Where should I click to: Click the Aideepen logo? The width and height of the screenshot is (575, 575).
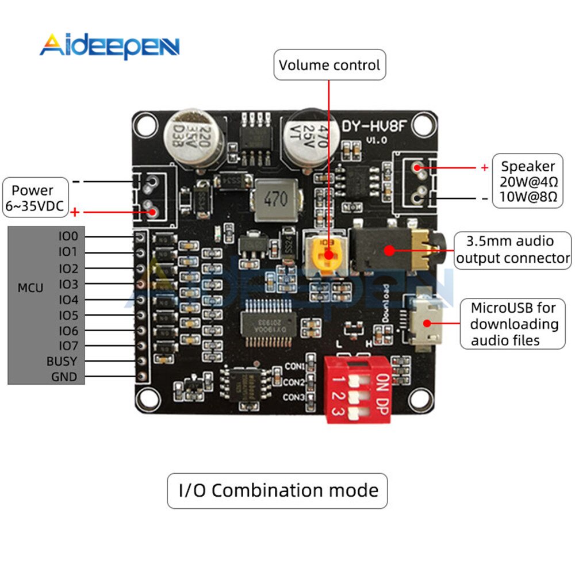pos(109,46)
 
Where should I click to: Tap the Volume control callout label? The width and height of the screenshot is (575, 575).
pos(329,65)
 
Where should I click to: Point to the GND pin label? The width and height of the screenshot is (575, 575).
pos(64,377)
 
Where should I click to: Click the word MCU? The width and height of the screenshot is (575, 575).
pos(30,287)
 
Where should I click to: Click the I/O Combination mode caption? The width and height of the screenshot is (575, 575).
pos(278,490)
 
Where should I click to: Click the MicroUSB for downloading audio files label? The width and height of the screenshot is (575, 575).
pos(514,324)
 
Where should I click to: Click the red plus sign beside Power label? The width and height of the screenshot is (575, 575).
pos(75,213)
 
